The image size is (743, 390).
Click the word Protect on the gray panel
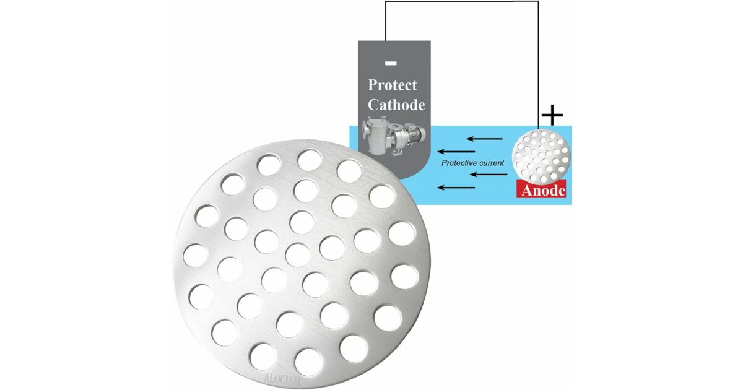[x=393, y=85]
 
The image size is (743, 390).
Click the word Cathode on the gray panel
[x=396, y=105]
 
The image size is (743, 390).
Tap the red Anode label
[x=541, y=190]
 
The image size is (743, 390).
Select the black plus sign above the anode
[x=552, y=115]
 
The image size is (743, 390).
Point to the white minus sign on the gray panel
[x=391, y=63]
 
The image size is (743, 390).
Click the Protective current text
[x=472, y=163]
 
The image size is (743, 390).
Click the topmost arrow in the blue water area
[x=485, y=139]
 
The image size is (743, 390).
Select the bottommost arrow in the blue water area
[x=456, y=188]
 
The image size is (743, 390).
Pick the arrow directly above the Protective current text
[x=456, y=152]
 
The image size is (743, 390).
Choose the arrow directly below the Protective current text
[x=489, y=175]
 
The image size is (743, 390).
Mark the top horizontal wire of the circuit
[x=462, y=1]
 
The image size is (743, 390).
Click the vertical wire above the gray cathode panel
[x=385, y=21]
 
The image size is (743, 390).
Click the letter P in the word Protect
[x=373, y=85]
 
